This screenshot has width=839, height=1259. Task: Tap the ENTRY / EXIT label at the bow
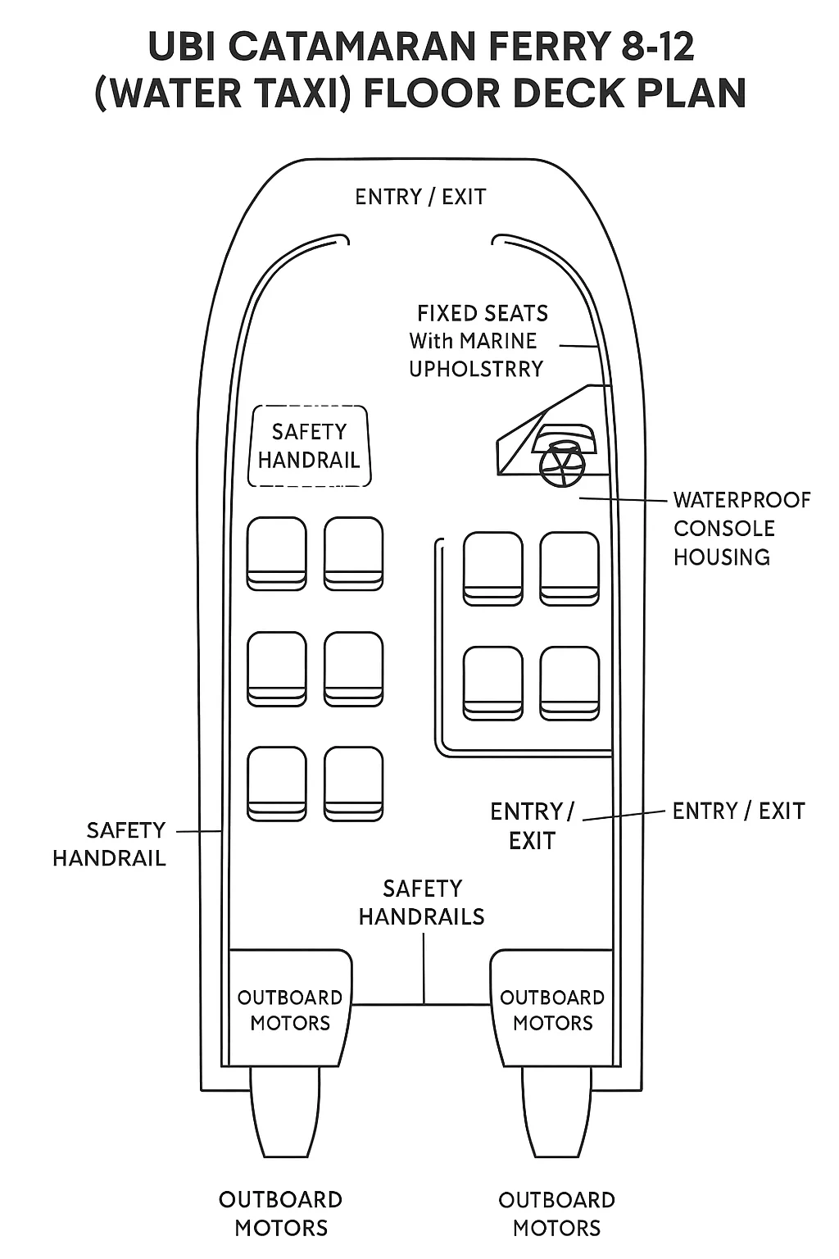[x=420, y=198]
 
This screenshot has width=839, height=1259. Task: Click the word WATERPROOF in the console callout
[x=741, y=500]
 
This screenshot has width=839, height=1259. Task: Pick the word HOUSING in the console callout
[x=721, y=557]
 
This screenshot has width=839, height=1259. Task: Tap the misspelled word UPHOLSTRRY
[x=476, y=369]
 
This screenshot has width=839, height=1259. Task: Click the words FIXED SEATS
[x=482, y=313]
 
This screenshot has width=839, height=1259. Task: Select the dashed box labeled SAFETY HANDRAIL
[x=309, y=446]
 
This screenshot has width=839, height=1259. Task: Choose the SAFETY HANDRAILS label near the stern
[x=422, y=902]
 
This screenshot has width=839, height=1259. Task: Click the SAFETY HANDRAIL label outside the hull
[x=110, y=844]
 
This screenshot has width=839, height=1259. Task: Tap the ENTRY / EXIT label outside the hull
[x=738, y=811]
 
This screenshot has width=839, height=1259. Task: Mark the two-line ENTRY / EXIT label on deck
[x=532, y=826]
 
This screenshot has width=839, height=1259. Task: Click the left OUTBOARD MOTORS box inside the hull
[x=289, y=1010]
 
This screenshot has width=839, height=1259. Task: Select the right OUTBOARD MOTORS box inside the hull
[x=552, y=1010]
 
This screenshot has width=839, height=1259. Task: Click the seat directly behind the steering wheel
[x=569, y=569]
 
